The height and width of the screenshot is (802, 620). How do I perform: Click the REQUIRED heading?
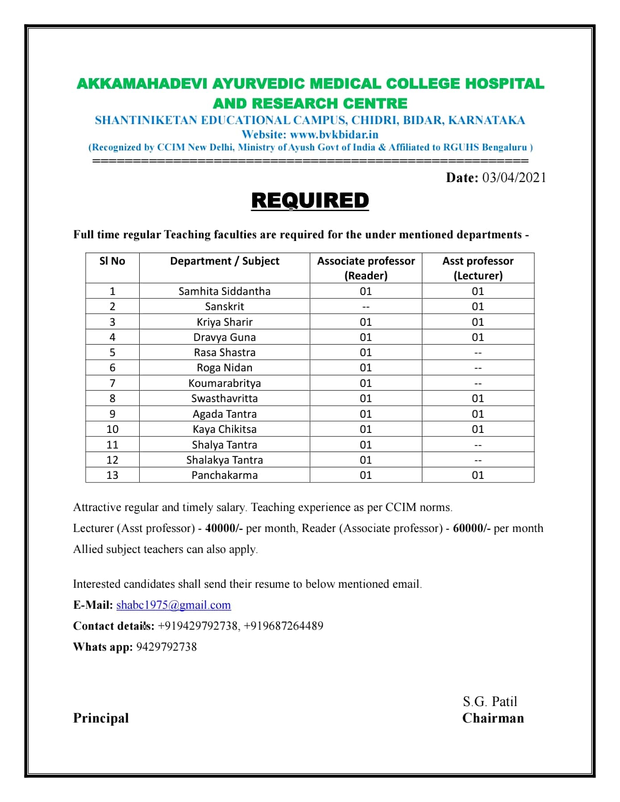310,200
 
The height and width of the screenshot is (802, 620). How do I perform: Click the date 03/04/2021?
514,178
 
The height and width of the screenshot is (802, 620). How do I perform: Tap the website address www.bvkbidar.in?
334,134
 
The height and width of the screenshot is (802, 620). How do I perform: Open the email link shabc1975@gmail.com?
174,605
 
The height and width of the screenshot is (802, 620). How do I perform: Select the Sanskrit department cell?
225,307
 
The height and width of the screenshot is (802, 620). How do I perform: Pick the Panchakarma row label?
225,475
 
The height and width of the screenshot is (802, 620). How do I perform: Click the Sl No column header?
112,261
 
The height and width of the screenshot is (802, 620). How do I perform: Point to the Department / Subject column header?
225,261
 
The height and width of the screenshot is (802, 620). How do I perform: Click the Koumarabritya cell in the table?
225,383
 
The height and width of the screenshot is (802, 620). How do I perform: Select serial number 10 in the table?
112,429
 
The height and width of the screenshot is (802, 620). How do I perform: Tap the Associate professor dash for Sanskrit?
366,307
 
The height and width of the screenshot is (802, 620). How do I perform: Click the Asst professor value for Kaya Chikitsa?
478,429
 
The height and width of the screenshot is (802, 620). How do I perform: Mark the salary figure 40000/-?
224,528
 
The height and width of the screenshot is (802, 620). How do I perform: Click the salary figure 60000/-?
471,528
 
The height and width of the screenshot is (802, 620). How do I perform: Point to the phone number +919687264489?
283,626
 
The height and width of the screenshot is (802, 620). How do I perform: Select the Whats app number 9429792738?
166,647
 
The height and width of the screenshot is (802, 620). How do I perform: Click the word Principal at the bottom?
101,718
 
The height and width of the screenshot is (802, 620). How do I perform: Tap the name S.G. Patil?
490,702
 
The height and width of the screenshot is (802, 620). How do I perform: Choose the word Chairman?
493,718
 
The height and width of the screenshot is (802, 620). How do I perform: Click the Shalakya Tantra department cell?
225,460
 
